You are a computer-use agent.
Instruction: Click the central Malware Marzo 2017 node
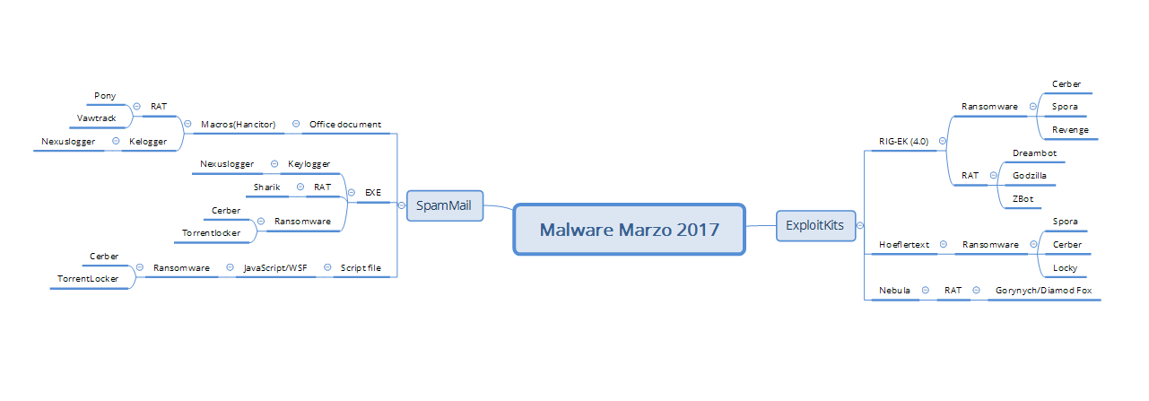(x=629, y=230)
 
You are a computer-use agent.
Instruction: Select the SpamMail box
(x=445, y=205)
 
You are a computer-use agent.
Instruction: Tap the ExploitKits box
(x=815, y=226)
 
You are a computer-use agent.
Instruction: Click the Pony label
(x=105, y=96)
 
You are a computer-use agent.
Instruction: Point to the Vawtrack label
(x=97, y=118)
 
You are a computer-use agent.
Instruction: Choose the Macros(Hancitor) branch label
(x=238, y=124)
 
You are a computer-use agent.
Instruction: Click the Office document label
(x=345, y=124)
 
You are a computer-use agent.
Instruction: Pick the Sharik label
(x=266, y=187)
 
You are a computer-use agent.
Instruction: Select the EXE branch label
(x=373, y=192)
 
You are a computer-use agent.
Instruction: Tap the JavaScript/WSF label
(x=275, y=267)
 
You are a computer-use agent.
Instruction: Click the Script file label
(x=361, y=267)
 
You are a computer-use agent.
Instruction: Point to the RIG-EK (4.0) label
(x=904, y=141)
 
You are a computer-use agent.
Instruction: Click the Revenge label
(x=1070, y=130)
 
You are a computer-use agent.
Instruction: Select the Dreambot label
(x=1034, y=153)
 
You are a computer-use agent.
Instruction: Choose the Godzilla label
(x=1030, y=175)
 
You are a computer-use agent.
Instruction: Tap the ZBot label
(x=1023, y=198)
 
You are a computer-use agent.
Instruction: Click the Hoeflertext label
(x=904, y=245)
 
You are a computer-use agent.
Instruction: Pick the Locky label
(x=1065, y=267)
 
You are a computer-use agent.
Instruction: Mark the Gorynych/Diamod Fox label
(x=1043, y=291)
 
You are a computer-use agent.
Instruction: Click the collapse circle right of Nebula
(x=926, y=291)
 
